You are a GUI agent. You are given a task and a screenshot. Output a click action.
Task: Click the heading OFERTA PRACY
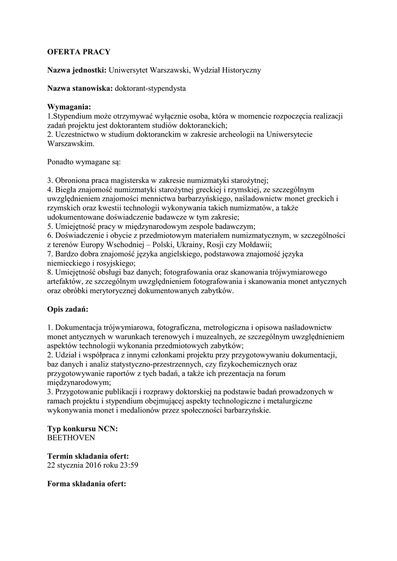(79, 52)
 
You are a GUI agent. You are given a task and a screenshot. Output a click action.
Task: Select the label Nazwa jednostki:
(77, 70)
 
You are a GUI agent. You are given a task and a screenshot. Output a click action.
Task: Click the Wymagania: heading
(69, 106)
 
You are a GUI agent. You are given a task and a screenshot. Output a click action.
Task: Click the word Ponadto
(63, 162)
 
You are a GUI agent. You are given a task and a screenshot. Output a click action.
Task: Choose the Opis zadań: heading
(68, 310)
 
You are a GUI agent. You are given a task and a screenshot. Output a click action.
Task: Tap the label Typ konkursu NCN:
(83, 428)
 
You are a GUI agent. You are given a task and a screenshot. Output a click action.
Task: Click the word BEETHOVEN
(71, 438)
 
